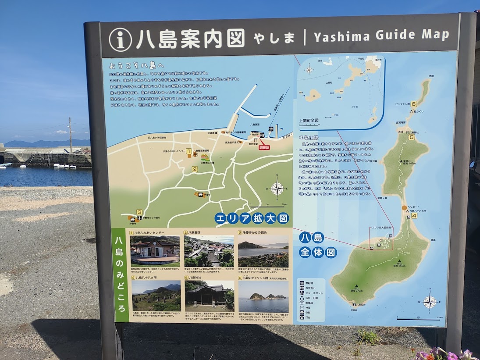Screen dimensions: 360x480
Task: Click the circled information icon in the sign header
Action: [120, 39]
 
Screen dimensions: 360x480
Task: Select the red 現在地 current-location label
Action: [264, 148]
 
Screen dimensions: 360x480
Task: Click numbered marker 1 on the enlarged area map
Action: [188, 151]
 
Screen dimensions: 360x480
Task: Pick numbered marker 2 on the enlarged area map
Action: [195, 169]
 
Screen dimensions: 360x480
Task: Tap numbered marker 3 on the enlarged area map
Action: [139, 212]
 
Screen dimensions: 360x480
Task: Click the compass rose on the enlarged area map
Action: [277, 188]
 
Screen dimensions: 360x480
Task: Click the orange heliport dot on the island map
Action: [404, 208]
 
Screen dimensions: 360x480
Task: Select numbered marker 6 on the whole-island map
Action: [414, 104]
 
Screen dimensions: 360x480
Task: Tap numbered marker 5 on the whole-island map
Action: [412, 137]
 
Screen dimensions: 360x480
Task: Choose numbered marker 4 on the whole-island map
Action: [414, 215]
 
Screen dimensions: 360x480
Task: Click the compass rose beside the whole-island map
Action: [430, 302]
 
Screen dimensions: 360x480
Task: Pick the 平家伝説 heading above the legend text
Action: [309, 138]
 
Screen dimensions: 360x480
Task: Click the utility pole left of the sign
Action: [70, 134]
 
